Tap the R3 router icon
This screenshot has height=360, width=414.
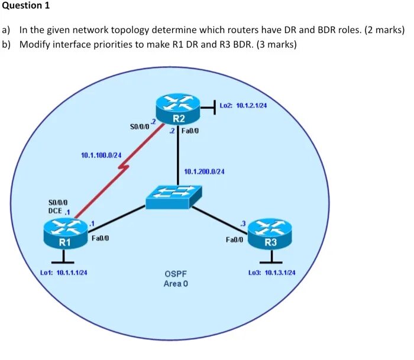[x=270, y=233]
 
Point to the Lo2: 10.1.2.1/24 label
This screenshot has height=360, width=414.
[x=244, y=105]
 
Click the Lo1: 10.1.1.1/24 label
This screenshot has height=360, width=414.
[x=64, y=273]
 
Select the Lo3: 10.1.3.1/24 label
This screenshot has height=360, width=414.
[x=272, y=273]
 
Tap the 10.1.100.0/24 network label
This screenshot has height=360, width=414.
[x=101, y=155]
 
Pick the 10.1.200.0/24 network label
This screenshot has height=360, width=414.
[x=204, y=171]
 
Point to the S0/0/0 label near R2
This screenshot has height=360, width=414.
[x=139, y=126]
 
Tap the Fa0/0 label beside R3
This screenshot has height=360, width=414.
[x=235, y=241]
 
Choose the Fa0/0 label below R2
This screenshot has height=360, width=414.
[x=190, y=131]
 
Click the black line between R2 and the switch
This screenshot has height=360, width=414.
[x=178, y=160]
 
